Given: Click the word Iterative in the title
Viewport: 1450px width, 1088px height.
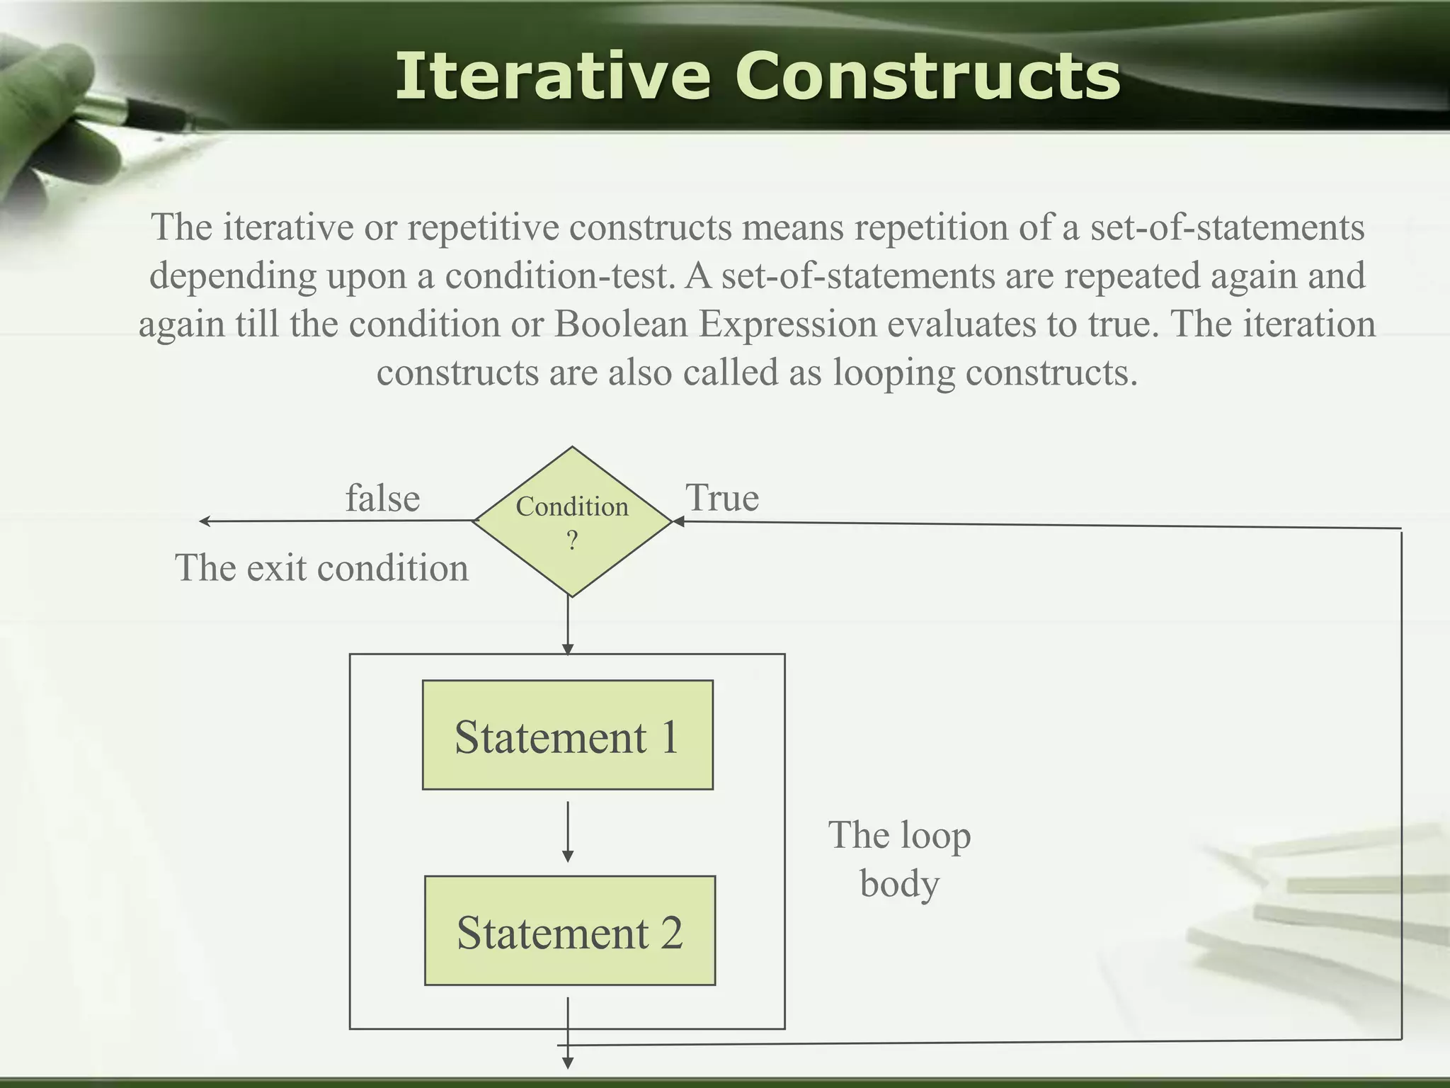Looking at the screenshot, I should point(552,76).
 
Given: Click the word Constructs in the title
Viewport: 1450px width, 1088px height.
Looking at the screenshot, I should point(927,76).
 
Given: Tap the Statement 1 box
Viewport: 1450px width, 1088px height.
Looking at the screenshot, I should point(567,735).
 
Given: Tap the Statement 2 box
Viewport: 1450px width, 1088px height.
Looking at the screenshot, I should point(569,931).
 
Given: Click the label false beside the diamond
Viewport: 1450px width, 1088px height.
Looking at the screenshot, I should point(382,498).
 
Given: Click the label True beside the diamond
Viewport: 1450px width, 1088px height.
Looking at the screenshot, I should point(722,498).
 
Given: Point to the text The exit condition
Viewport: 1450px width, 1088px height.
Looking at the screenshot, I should point(321,568).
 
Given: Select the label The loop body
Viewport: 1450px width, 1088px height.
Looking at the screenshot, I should point(899,858).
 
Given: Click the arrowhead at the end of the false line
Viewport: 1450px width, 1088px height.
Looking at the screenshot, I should point(205,521).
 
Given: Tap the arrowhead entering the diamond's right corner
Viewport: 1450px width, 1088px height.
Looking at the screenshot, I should point(678,522).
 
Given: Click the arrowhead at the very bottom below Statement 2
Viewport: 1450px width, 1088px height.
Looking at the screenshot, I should point(567,1062).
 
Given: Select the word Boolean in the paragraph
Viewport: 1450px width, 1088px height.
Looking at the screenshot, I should point(621,324).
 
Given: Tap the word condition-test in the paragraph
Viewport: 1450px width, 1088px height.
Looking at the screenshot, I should point(558,276).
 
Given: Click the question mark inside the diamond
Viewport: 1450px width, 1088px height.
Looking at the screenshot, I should point(572,541).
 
